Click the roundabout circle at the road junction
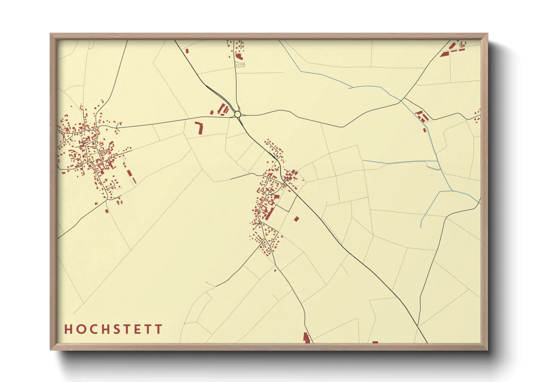point(237,114)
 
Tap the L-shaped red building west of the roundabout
point(199,128)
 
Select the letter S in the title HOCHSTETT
point(114,329)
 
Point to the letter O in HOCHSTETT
point(78,329)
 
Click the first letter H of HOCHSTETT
point(68,329)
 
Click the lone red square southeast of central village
point(296,218)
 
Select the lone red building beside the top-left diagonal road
point(187,51)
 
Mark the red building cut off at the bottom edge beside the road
point(307,338)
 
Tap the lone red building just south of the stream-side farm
point(424,130)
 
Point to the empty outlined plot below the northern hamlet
point(240,65)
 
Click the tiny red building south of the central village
point(275,270)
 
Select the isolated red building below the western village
point(107,210)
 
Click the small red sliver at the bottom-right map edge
point(375,342)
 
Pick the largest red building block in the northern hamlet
point(239,56)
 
